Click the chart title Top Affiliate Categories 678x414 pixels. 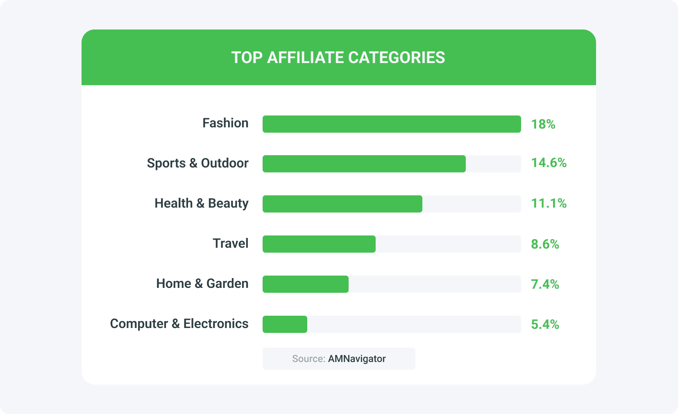(x=338, y=58)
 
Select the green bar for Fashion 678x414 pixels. (x=392, y=124)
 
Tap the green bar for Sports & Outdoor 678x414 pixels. (x=364, y=164)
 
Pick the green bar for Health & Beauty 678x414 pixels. (x=342, y=204)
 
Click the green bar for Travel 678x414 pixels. (x=319, y=244)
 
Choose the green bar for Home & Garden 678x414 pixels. (x=305, y=284)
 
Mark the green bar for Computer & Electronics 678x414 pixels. (x=285, y=324)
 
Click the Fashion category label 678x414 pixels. (x=225, y=123)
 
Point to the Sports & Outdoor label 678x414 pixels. (x=197, y=163)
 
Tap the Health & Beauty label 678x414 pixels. (x=201, y=204)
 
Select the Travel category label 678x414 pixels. (x=231, y=244)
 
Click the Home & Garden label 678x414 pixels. (x=202, y=284)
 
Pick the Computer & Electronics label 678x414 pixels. (x=179, y=324)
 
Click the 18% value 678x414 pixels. (x=543, y=124)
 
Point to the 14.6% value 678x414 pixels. (x=549, y=163)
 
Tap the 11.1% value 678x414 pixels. (x=549, y=204)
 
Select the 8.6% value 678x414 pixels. (x=545, y=244)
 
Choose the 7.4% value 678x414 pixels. (x=545, y=284)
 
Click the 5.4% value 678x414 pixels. (x=545, y=325)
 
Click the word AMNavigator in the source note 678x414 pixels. (x=357, y=359)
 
